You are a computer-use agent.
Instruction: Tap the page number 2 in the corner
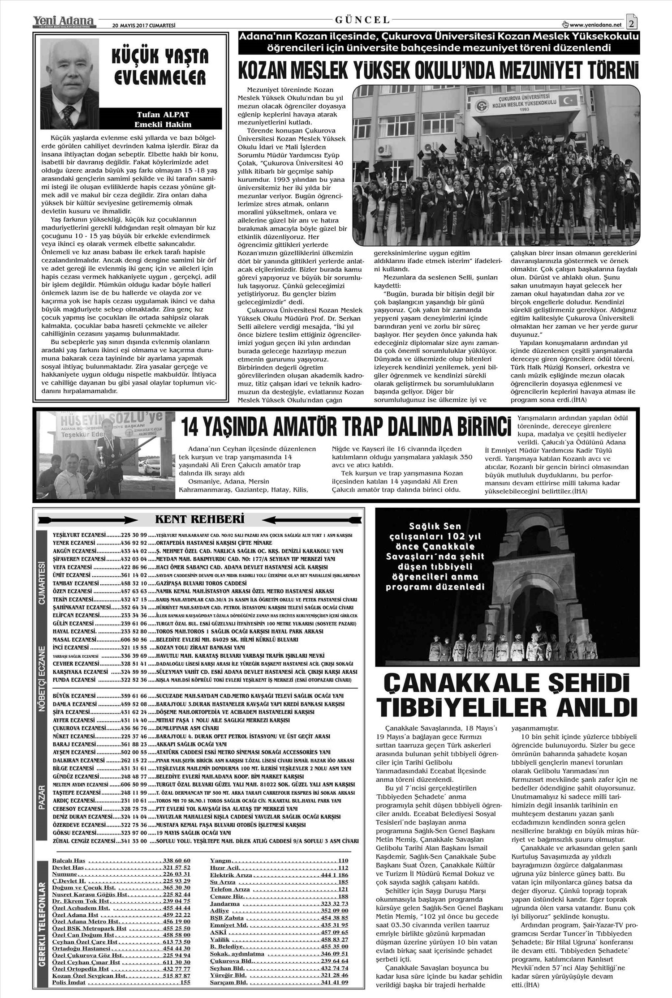(632, 22)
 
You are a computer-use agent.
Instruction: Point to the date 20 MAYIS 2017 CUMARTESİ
(136, 26)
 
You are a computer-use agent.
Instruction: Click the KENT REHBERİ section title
(200, 519)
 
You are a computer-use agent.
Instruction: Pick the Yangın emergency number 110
(343, 861)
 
